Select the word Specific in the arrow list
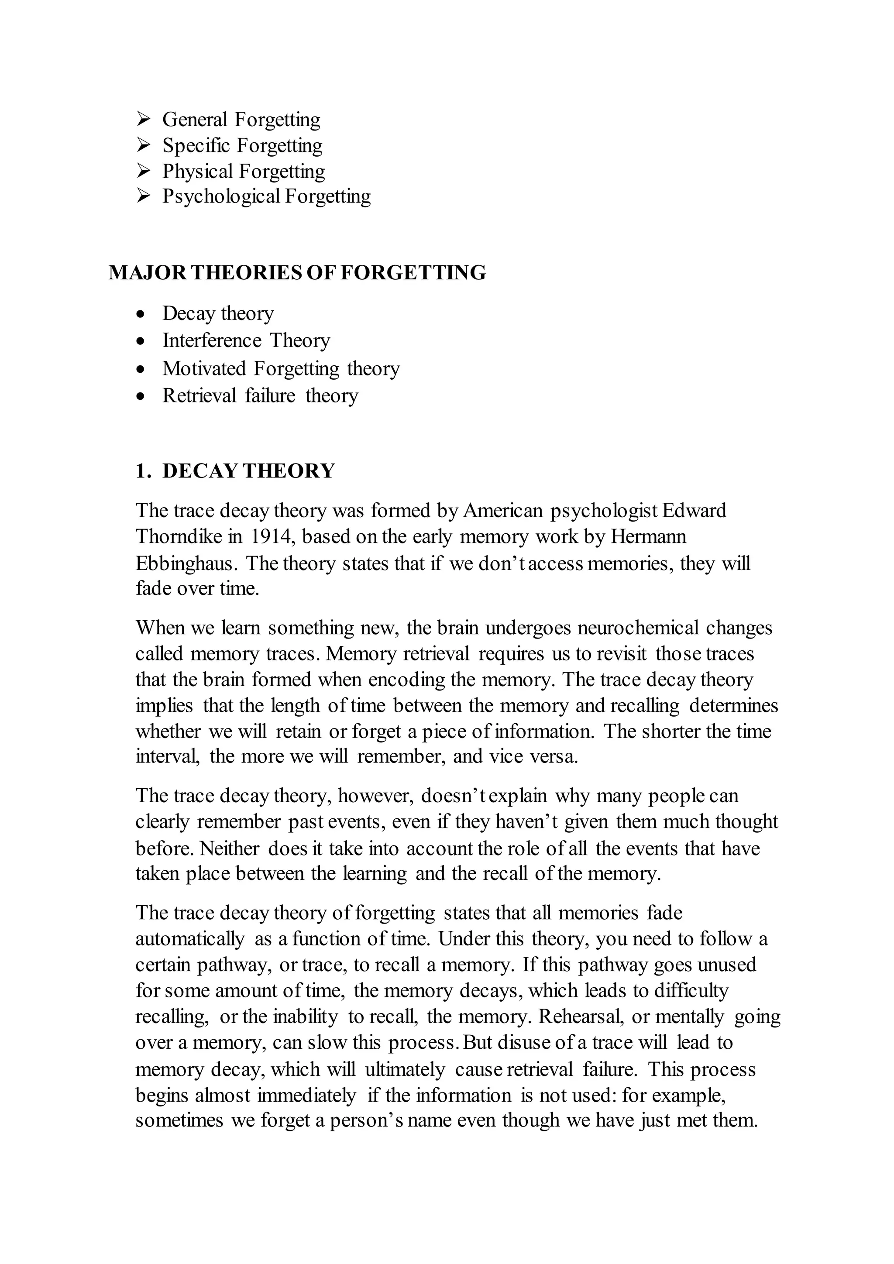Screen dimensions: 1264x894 coord(196,145)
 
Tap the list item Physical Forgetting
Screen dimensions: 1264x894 coord(243,171)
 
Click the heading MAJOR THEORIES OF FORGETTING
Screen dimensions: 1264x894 coord(297,272)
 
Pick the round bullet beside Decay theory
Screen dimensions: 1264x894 coord(141,314)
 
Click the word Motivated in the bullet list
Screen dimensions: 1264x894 coord(204,368)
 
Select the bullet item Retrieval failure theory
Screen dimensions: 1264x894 coord(260,395)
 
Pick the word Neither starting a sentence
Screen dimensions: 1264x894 coord(229,848)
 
